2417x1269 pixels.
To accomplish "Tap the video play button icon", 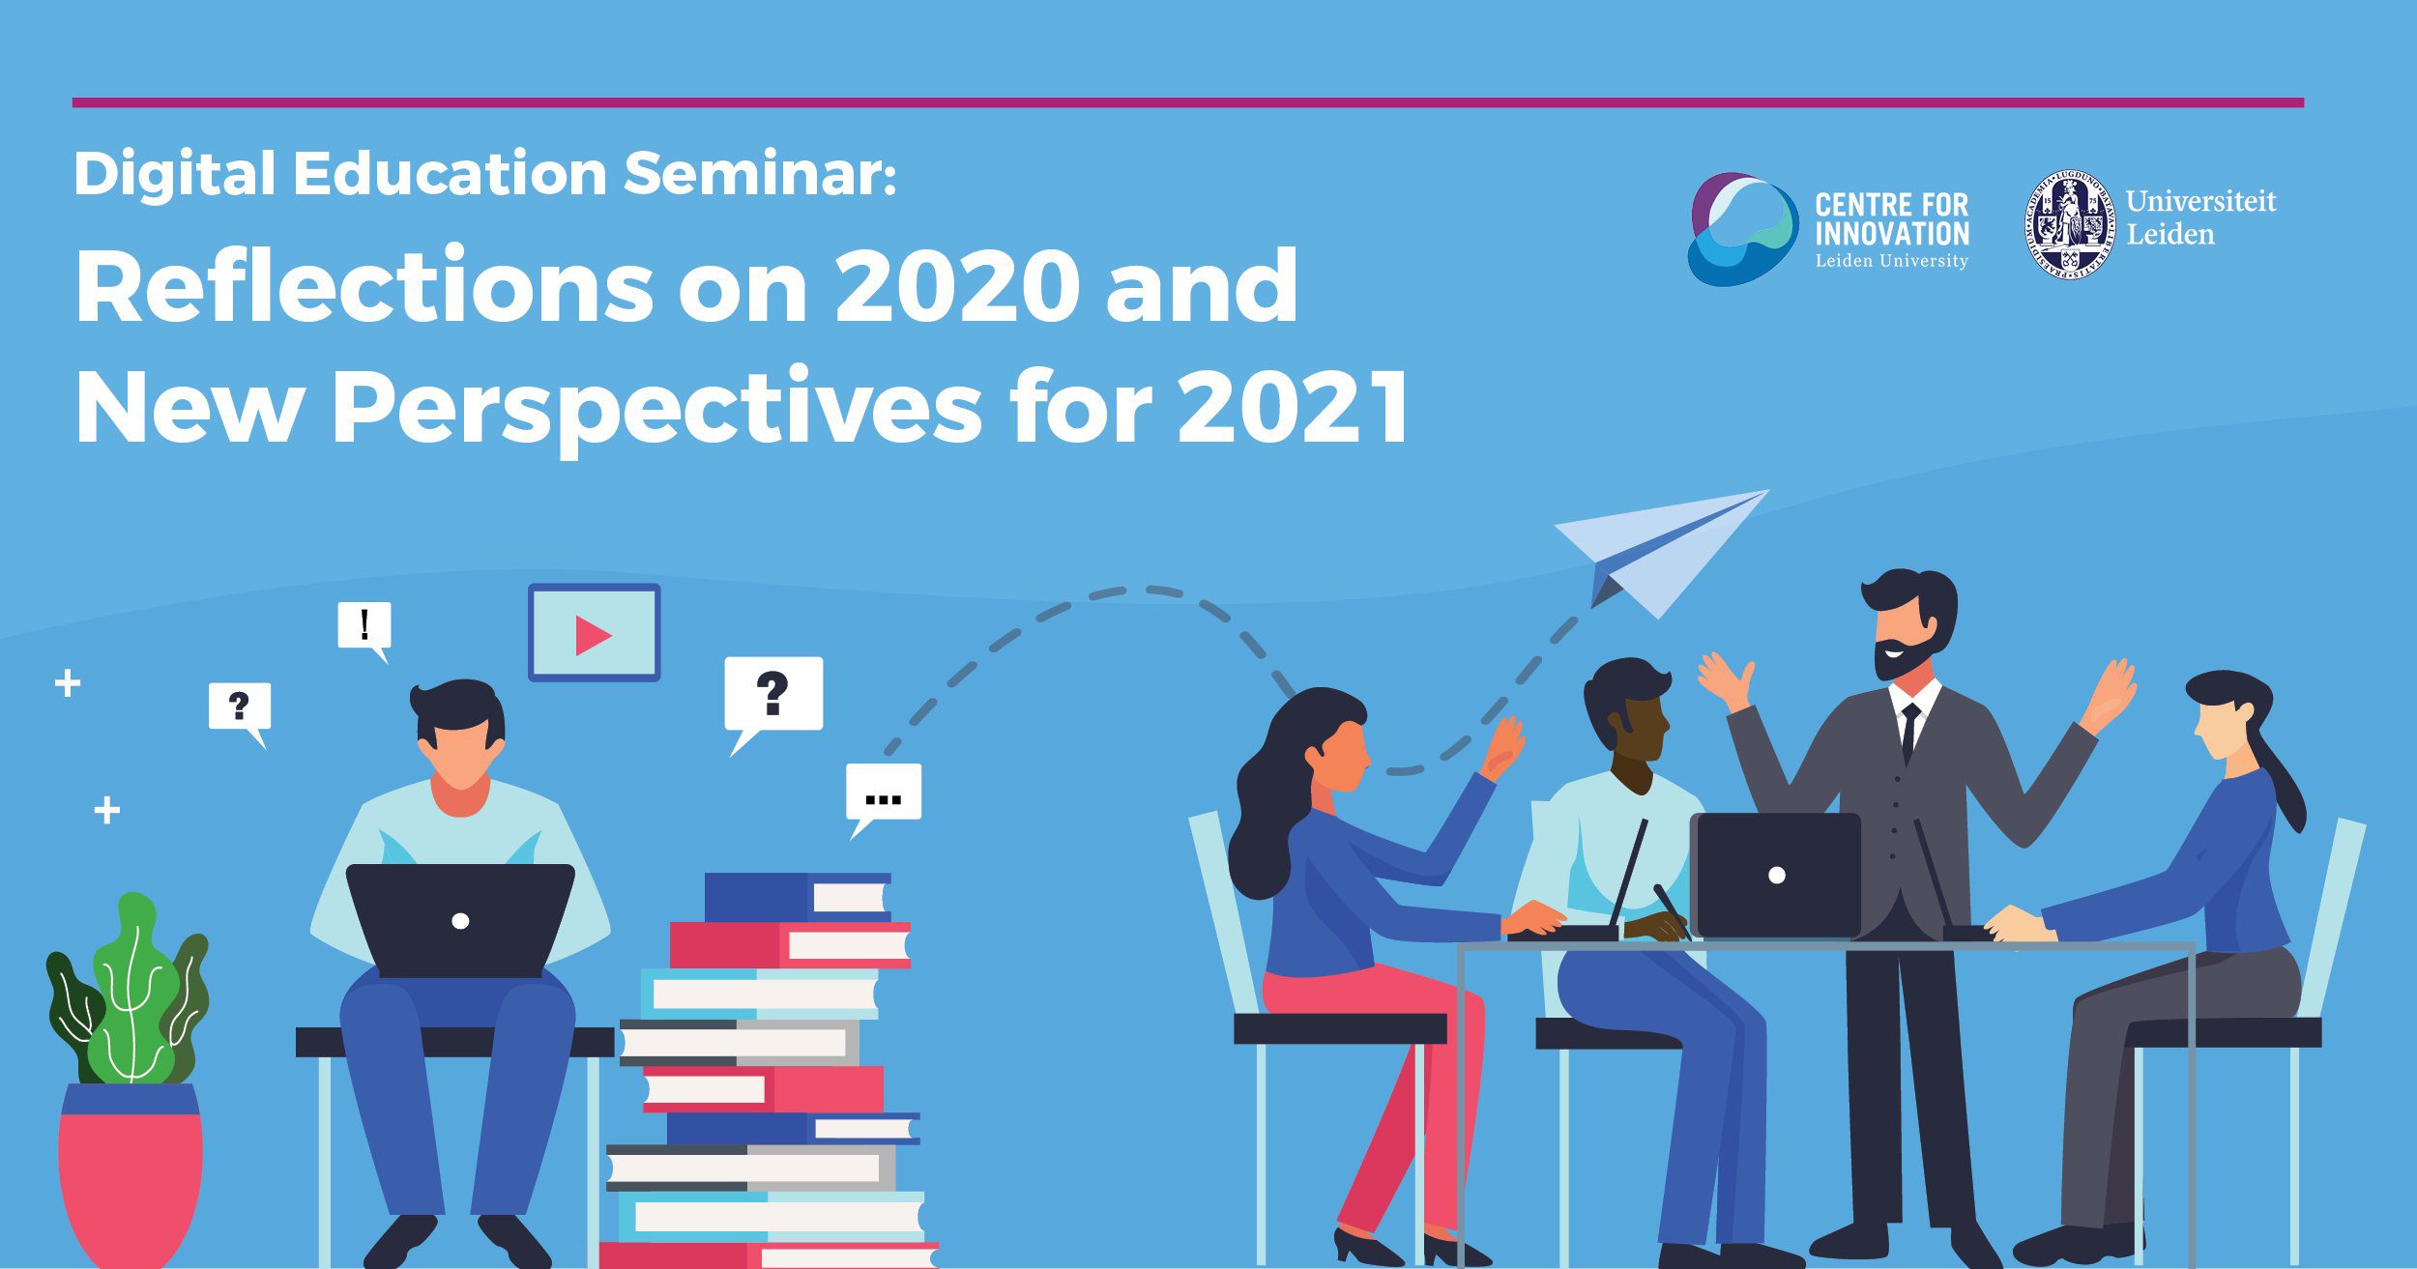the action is (x=594, y=633).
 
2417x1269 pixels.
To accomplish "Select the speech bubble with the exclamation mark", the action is (x=364, y=629).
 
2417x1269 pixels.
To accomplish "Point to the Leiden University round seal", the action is (x=2070, y=225).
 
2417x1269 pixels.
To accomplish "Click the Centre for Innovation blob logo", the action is (x=1743, y=229).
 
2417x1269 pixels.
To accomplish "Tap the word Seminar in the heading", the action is (x=760, y=174).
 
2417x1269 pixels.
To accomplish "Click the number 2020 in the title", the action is (x=957, y=286).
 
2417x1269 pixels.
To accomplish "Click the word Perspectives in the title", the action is (x=657, y=410).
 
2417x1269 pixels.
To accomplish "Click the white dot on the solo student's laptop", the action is (x=461, y=921).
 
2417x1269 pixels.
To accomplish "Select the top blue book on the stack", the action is (x=798, y=898).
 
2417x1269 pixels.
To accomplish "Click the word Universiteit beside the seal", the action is (x=2200, y=201).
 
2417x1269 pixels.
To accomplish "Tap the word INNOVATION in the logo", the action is (x=1892, y=234).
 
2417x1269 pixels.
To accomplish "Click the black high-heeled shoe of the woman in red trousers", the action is (x=1367, y=1247).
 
